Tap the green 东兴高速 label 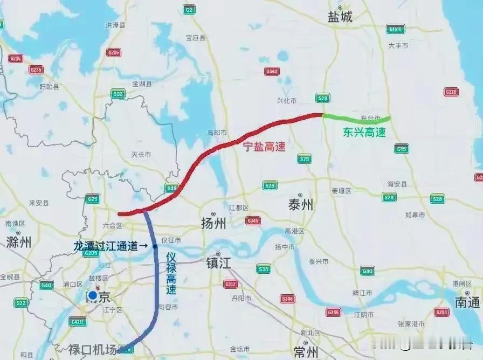(365, 132)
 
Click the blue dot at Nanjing (93, 295)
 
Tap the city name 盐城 (340, 17)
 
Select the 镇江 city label (218, 264)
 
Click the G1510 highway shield (395, 29)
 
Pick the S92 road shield (118, 94)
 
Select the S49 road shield (171, 188)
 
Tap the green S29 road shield (322, 98)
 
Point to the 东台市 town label (370, 117)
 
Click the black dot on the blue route (155, 246)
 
